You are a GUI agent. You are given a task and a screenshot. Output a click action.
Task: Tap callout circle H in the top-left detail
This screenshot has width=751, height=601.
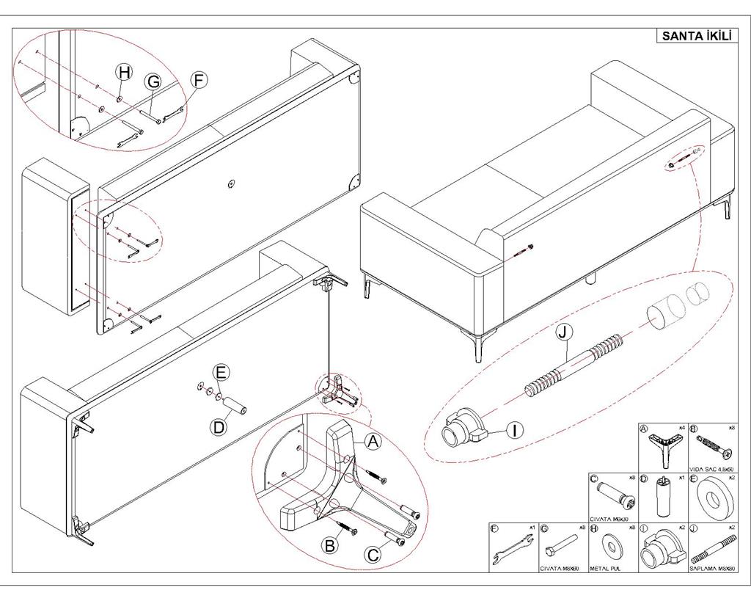(125, 71)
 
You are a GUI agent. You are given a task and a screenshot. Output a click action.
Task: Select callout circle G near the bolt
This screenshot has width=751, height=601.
(153, 81)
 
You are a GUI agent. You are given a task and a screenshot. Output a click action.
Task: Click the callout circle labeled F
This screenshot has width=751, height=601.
(199, 80)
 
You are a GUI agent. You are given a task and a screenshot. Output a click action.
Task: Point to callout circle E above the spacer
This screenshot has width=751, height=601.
(221, 372)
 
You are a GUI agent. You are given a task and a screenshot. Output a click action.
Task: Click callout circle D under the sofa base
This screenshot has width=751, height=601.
(219, 426)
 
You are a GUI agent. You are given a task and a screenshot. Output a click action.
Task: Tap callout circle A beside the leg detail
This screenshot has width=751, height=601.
(373, 442)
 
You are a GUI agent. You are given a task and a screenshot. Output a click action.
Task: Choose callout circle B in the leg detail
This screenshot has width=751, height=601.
(331, 545)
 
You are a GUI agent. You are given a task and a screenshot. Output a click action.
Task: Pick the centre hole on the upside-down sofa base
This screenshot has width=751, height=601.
(231, 184)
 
